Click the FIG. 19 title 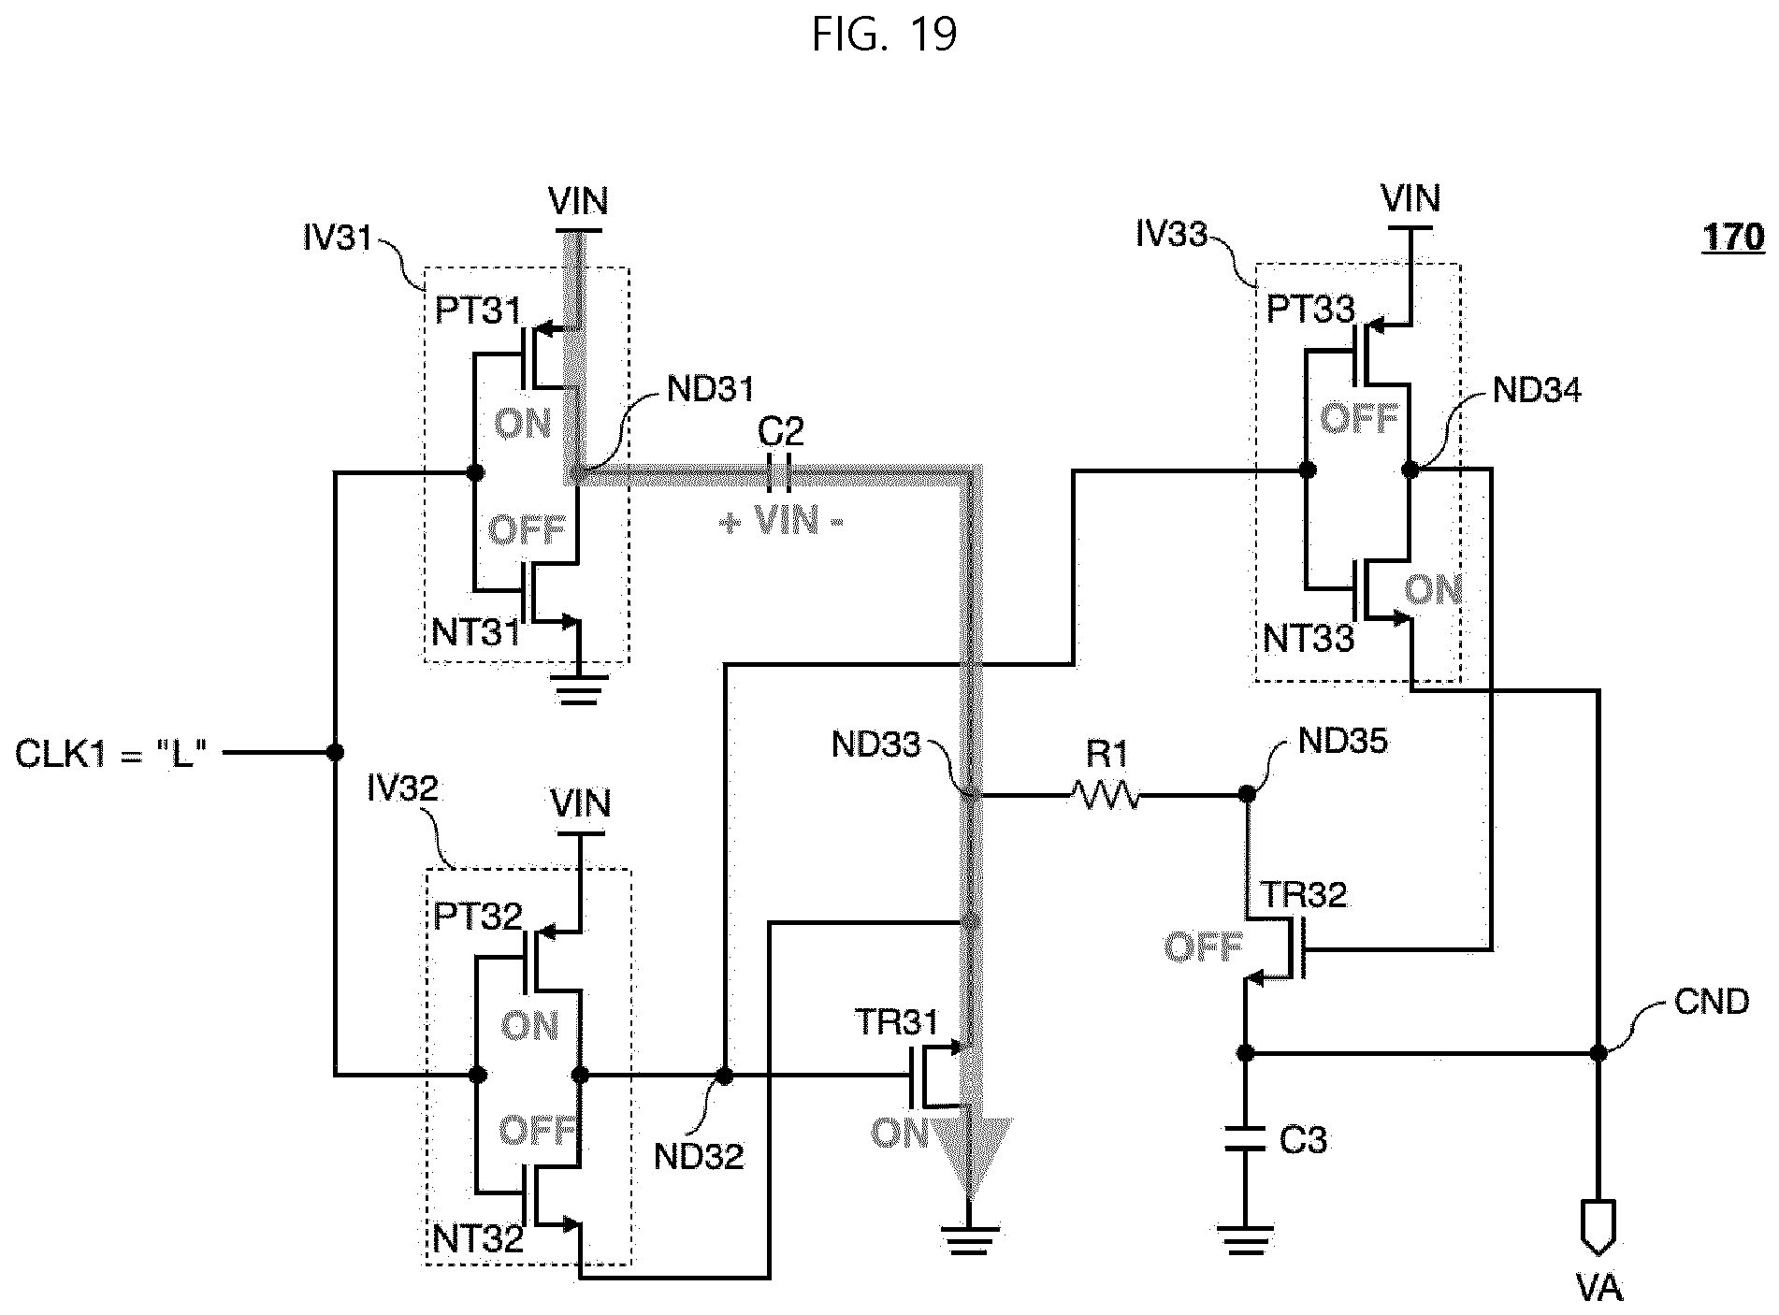(x=884, y=35)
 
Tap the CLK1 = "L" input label (x=110, y=752)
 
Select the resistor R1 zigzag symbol (x=1106, y=796)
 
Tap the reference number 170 (x=1733, y=237)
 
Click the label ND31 (x=711, y=389)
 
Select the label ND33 (x=876, y=744)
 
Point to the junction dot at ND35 (x=1246, y=794)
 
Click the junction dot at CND (x=1598, y=1053)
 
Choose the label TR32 (x=1304, y=894)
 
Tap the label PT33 (x=1310, y=310)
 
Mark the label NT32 (x=477, y=1239)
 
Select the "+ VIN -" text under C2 (x=781, y=520)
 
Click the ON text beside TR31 (x=901, y=1133)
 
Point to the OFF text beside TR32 (x=1203, y=947)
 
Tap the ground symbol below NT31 (x=580, y=687)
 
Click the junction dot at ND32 (x=724, y=1076)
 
